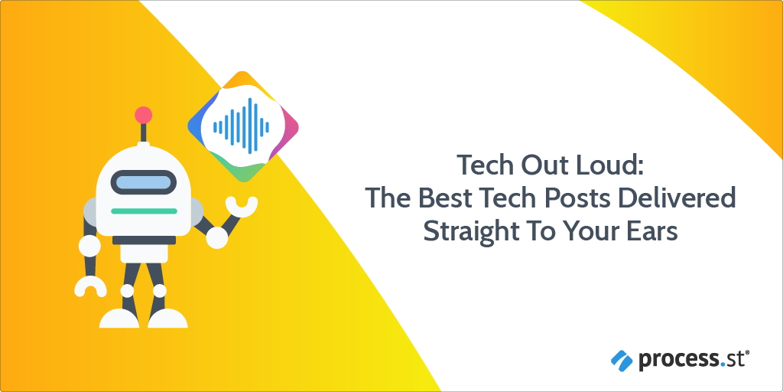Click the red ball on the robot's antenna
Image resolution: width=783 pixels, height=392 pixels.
coord(143,116)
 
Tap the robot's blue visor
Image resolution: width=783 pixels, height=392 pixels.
coord(143,183)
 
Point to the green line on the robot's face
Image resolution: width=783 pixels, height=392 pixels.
coord(143,211)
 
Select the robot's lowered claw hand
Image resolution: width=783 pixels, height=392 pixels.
coord(90,286)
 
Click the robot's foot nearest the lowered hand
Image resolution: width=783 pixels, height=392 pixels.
coord(119,317)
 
